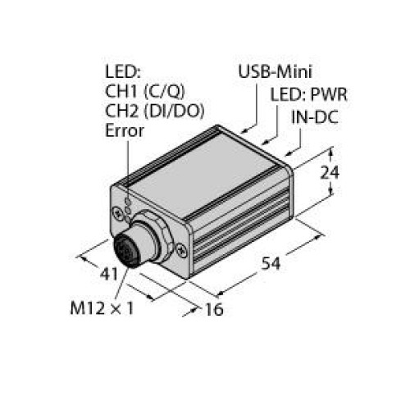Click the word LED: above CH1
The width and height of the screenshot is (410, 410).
click(x=121, y=71)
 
